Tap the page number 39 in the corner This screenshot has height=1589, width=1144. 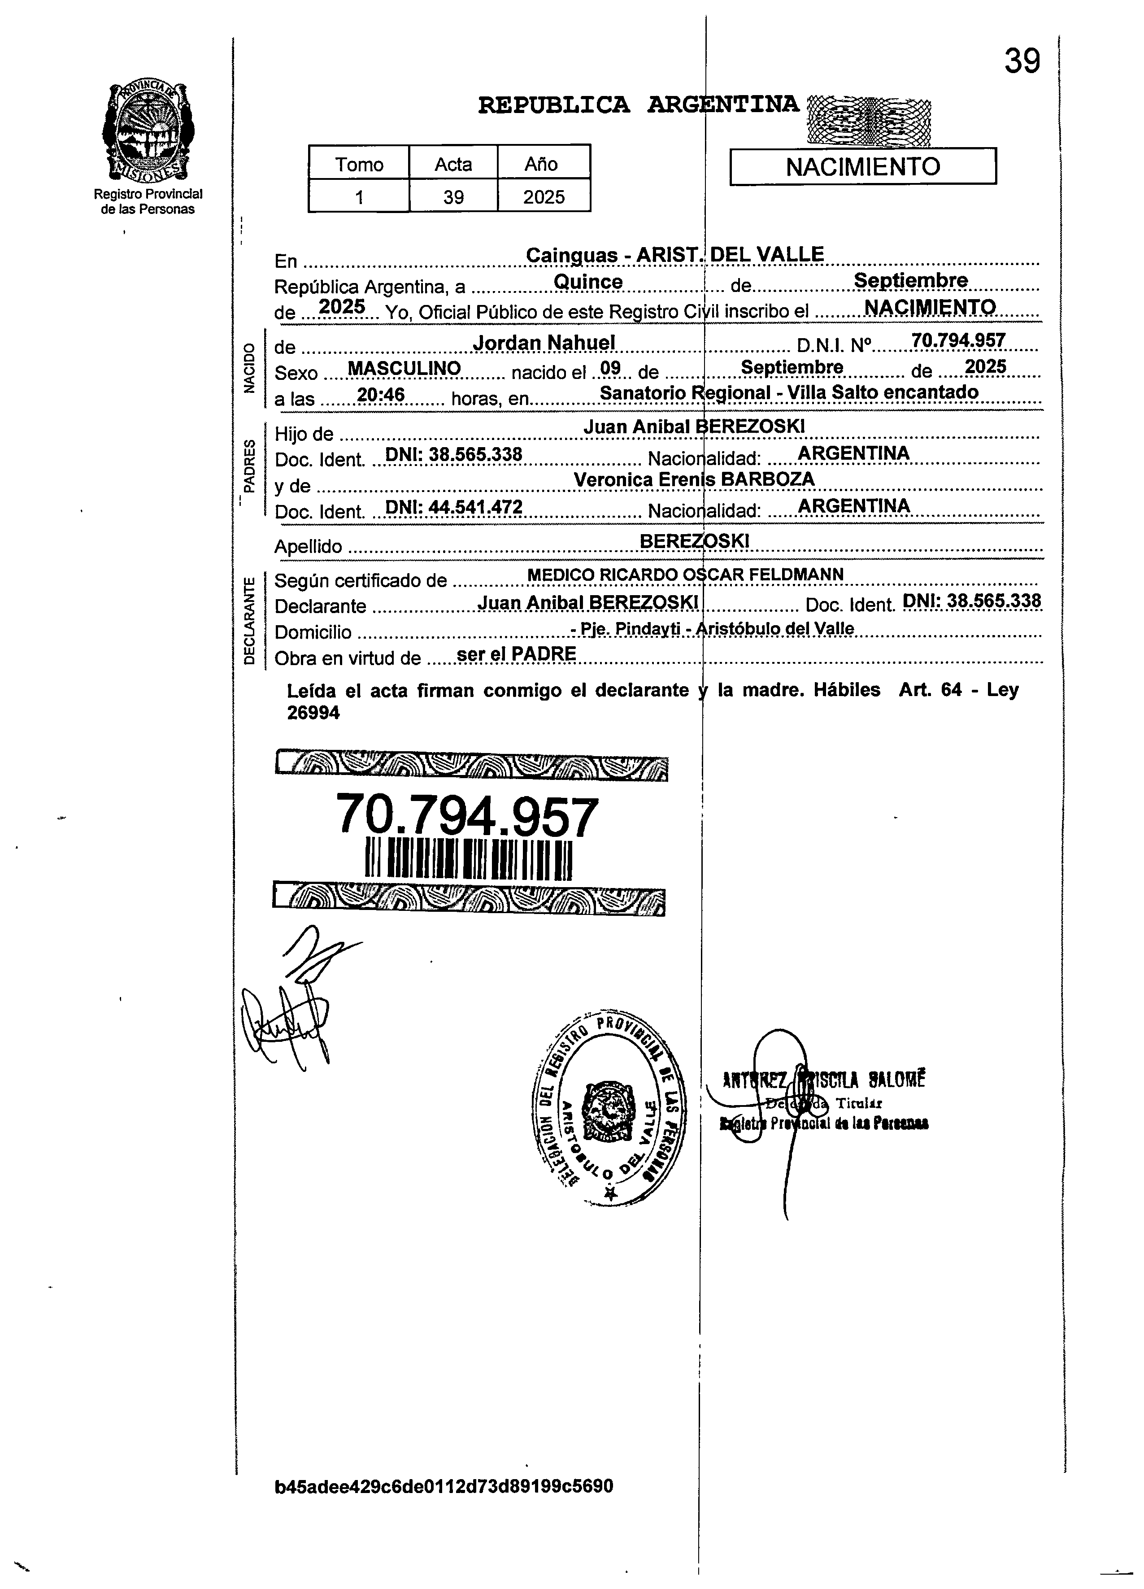point(1022,61)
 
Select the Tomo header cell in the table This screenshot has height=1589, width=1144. point(359,164)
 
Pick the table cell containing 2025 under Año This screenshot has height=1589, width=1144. point(544,197)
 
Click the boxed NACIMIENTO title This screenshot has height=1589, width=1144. point(862,167)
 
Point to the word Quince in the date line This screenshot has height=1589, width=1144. point(588,282)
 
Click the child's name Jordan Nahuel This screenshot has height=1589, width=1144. point(544,343)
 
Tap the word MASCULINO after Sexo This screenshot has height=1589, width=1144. point(404,369)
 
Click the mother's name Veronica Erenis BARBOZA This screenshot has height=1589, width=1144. point(694,480)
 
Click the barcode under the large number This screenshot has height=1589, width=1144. point(469,860)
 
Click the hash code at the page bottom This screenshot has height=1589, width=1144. point(444,1506)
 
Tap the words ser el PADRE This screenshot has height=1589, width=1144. point(516,654)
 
